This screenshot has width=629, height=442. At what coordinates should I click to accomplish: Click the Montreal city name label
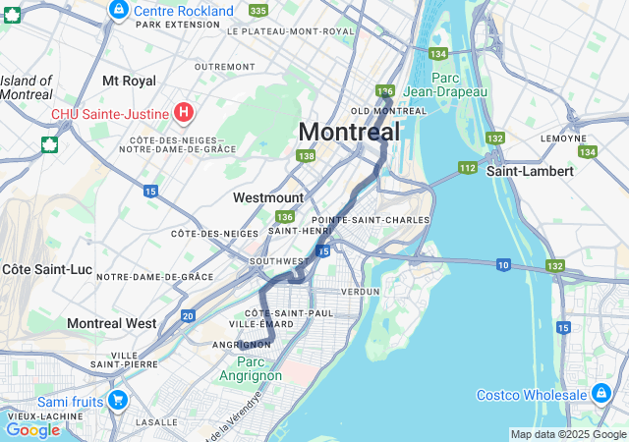coord(349,132)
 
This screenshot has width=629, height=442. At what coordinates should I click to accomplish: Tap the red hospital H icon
coord(183,113)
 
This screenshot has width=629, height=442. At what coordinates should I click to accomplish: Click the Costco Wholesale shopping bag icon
coord(601,394)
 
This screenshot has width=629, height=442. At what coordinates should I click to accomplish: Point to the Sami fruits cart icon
coord(118,400)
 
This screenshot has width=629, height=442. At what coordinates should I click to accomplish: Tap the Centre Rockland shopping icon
coord(118,10)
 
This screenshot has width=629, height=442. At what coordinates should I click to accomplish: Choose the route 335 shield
coord(257,10)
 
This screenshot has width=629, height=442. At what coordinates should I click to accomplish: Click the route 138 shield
coord(307,156)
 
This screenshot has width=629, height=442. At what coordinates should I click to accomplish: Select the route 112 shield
coord(467,168)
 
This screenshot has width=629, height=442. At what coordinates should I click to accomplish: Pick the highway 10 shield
coord(503,264)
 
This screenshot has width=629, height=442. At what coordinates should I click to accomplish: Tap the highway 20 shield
coord(188,315)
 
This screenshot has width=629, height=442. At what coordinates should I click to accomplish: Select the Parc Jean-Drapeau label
coord(459,83)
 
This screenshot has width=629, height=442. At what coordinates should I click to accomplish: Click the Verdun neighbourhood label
coord(360,292)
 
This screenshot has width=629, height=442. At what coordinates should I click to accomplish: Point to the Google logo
coord(33,429)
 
